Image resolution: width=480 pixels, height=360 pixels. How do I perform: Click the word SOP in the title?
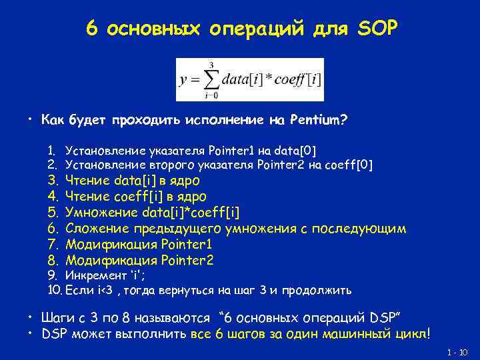[377, 29]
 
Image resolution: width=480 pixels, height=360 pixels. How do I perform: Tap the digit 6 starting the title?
[92, 29]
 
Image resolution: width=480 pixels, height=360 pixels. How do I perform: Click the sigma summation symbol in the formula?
[210, 79]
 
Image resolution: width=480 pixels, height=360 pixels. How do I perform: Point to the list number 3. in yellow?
[54, 181]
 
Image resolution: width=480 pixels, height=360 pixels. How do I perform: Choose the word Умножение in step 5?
[102, 213]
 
